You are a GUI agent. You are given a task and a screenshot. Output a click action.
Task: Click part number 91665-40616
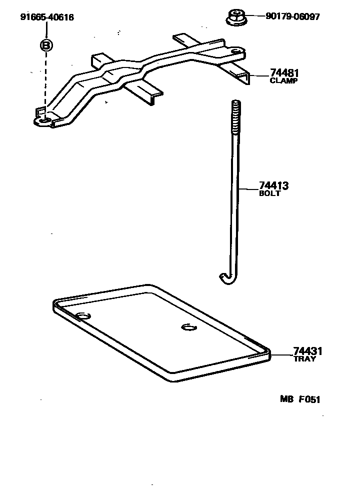[x=47, y=17]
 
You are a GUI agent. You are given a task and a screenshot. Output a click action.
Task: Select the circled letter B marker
[x=46, y=45]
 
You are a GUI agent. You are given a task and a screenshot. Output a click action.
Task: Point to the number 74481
[x=283, y=73]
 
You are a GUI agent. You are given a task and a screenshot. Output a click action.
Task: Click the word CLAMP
[x=283, y=80]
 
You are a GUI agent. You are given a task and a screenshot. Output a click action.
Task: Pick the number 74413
[x=273, y=186]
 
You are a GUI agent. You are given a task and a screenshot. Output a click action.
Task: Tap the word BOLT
[x=270, y=193]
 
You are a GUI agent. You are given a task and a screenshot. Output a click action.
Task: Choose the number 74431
[x=307, y=351]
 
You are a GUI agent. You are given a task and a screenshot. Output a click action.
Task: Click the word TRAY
[x=304, y=359]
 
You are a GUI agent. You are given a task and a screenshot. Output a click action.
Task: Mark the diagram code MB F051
[x=299, y=399]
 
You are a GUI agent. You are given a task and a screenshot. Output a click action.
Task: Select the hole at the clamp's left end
[x=45, y=120]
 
